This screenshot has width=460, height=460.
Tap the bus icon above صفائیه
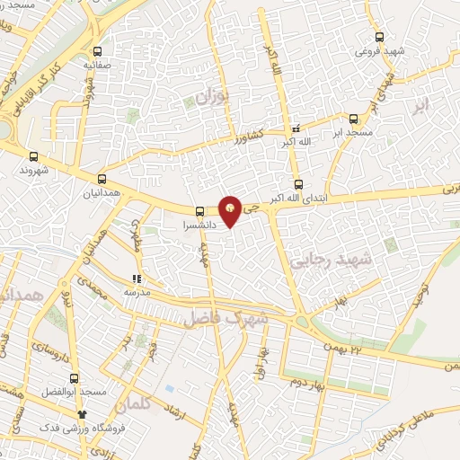pos(98,51)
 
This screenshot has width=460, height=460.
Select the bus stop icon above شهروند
pos(34,155)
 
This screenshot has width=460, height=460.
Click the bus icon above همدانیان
pos(102,179)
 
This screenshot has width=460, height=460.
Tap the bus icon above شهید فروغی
pos(379,38)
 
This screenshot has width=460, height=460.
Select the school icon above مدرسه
pos(137,279)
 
